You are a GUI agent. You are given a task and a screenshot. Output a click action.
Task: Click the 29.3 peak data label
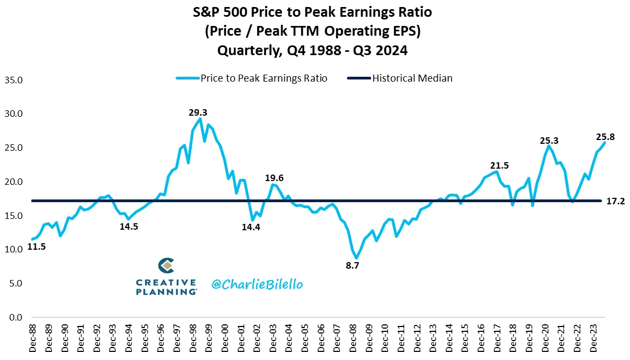coord(198,112)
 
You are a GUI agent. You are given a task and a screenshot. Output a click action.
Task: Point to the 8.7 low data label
coord(352,265)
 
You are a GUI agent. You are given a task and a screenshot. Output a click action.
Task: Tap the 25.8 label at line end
coord(605,137)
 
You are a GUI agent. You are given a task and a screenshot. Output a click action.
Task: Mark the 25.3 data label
coord(549,141)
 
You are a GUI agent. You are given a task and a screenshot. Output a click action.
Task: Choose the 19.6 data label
coord(274,178)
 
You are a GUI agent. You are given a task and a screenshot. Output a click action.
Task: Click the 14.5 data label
coord(129,226)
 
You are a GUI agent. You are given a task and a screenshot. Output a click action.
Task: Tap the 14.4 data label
coord(251,227)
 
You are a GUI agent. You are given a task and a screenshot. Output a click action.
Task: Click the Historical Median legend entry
coord(412,78)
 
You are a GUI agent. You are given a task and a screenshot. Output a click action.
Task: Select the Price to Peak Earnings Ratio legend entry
coord(264,78)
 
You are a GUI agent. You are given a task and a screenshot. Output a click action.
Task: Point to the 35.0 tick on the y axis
coord(13,80)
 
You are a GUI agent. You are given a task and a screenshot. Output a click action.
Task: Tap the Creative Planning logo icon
coord(166,266)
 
